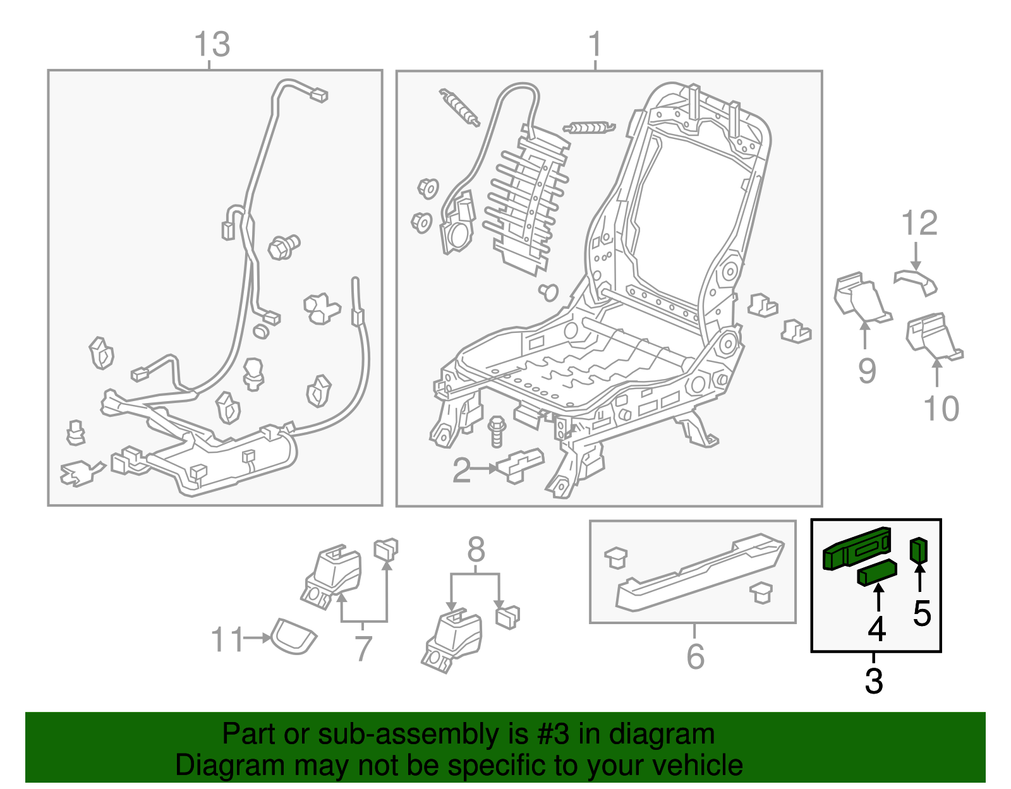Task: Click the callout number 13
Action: (x=212, y=45)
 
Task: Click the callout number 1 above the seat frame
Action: (x=595, y=45)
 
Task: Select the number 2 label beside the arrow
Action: (x=461, y=471)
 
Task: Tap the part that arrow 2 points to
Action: (x=520, y=466)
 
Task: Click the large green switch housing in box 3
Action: (x=856, y=549)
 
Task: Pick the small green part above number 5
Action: (x=918, y=550)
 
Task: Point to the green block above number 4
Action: (x=876, y=572)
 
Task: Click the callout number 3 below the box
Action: (x=873, y=681)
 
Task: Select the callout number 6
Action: (x=695, y=656)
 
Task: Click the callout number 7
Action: (x=363, y=649)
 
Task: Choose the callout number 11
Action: (x=226, y=640)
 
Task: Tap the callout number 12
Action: (x=919, y=224)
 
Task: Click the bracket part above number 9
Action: (x=860, y=298)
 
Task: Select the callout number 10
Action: (x=941, y=409)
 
